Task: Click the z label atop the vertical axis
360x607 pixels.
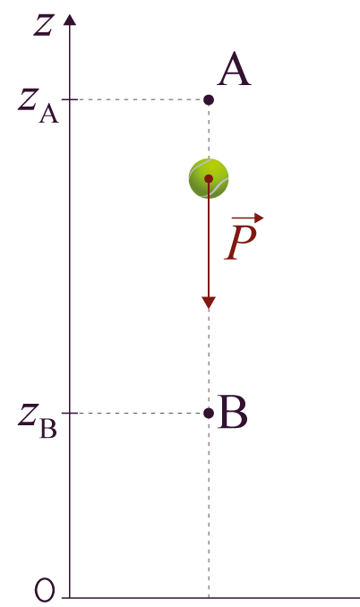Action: (43, 26)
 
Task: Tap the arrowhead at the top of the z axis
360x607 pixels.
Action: (70, 20)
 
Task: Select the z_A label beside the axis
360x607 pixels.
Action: (38, 106)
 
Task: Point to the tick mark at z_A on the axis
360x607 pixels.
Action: (70, 100)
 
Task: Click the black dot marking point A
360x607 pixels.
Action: (209, 100)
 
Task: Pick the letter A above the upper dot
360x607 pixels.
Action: (235, 70)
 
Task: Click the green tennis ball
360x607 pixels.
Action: (209, 178)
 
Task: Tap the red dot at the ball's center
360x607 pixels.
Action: (209, 178)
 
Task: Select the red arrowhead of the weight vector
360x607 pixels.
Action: (209, 303)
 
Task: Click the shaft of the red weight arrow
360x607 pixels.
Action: (209, 239)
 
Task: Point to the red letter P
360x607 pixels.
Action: (241, 242)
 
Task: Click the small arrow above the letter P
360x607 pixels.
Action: (248, 218)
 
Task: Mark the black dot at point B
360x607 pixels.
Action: (209, 414)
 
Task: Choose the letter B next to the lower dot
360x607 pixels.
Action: (232, 412)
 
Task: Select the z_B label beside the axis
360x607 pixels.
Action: (38, 421)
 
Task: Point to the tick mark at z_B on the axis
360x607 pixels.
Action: (70, 414)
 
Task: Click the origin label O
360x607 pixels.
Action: (45, 590)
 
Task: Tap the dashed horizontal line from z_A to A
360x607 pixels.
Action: (141, 100)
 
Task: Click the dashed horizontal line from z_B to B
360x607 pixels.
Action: (141, 414)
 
